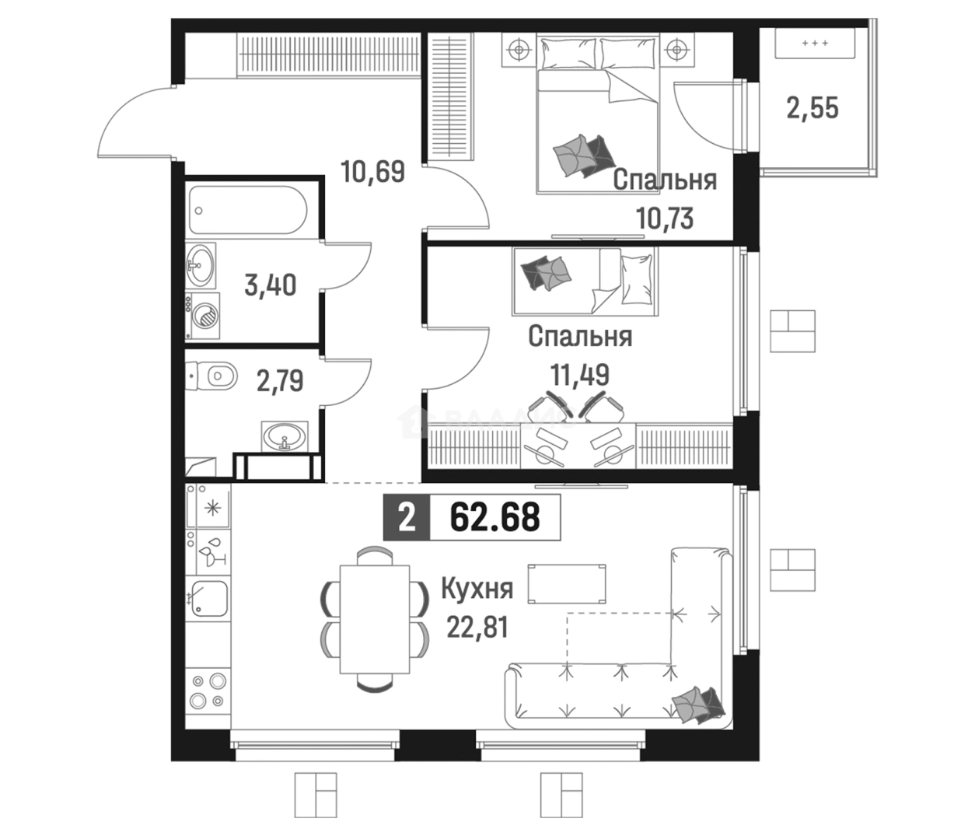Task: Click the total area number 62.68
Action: click(x=494, y=517)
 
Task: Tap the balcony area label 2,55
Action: click(x=812, y=108)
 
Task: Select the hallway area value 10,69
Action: click(x=372, y=171)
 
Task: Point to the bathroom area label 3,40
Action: click(x=271, y=285)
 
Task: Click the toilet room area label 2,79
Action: click(x=280, y=381)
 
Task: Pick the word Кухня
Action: click(x=477, y=589)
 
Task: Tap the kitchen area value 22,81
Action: click(x=477, y=628)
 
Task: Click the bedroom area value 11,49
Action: click(x=580, y=375)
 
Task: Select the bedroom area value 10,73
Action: click(x=665, y=218)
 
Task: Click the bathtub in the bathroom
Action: click(x=248, y=210)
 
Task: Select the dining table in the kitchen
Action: click(x=375, y=618)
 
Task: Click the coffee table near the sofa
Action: click(x=567, y=583)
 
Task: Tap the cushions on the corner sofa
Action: click(x=697, y=705)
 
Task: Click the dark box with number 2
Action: click(x=407, y=518)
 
